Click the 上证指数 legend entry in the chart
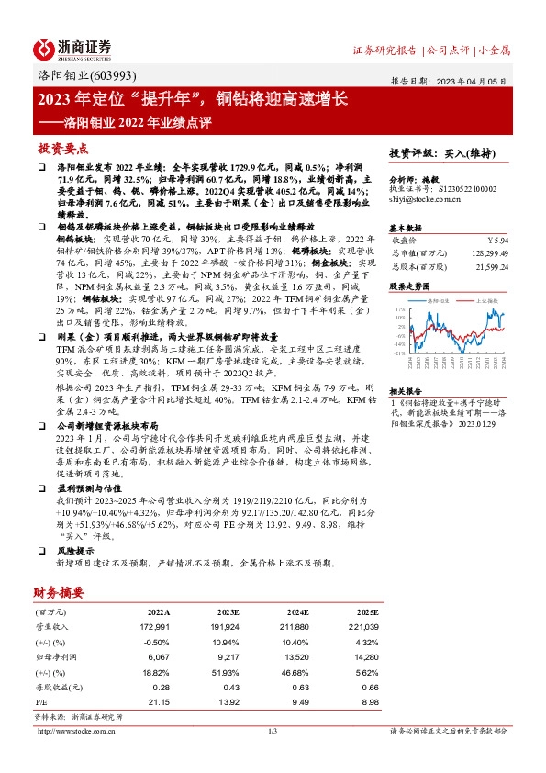click(x=489, y=300)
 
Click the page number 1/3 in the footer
click(x=273, y=730)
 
